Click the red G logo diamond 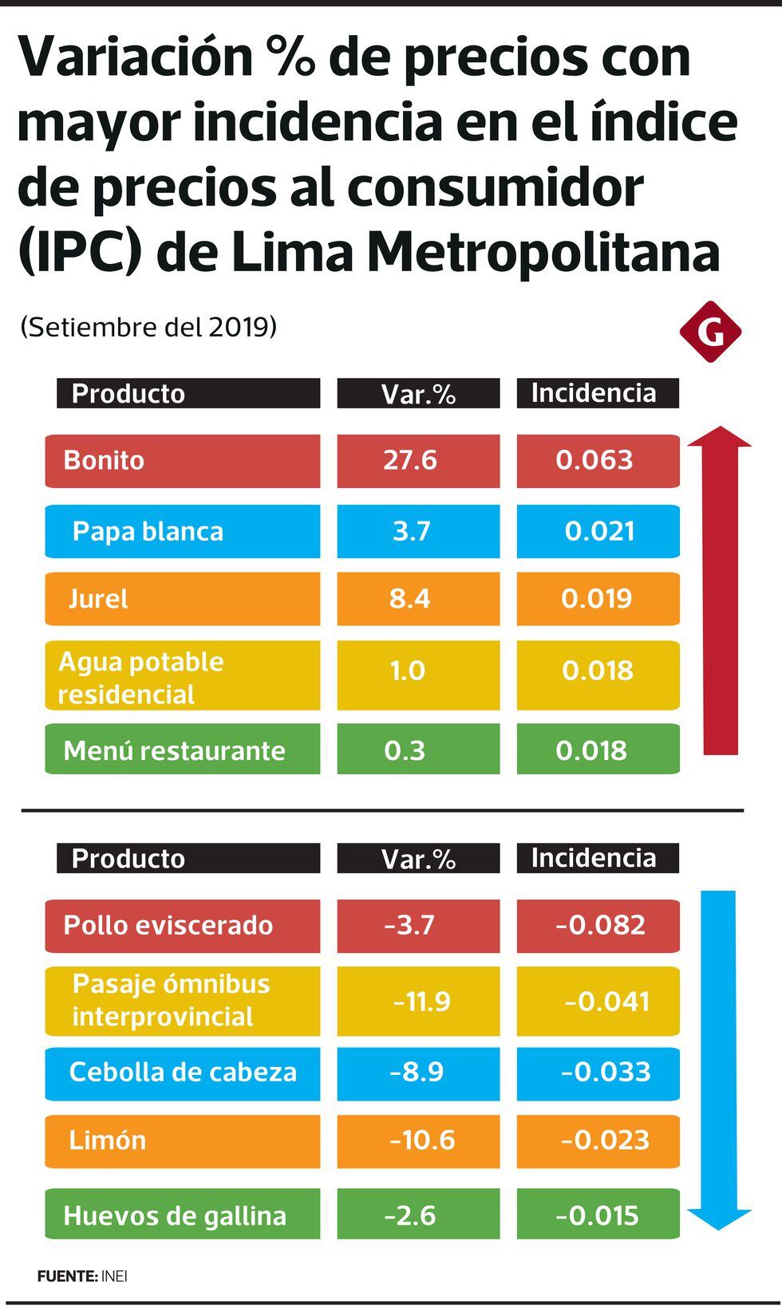tap(710, 332)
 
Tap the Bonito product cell tap(182, 461)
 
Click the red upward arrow tap(720, 590)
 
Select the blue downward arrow tap(719, 1061)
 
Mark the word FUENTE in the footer tap(67, 1276)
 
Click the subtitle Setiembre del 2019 tap(148, 327)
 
